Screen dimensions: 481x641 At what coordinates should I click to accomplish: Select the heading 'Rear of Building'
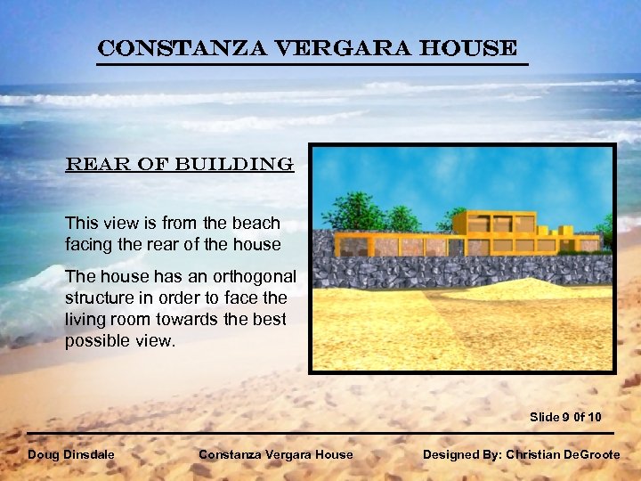(x=178, y=165)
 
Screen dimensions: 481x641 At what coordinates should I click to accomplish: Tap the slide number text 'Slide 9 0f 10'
(x=565, y=417)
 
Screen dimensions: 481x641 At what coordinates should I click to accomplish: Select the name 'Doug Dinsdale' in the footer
(x=71, y=454)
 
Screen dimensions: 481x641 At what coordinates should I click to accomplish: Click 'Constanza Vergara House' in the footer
(x=275, y=454)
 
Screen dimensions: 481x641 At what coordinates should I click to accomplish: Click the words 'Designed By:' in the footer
(x=461, y=454)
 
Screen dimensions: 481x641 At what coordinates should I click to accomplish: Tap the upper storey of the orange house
(x=494, y=222)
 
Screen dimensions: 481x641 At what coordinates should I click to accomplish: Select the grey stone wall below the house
(x=463, y=272)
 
